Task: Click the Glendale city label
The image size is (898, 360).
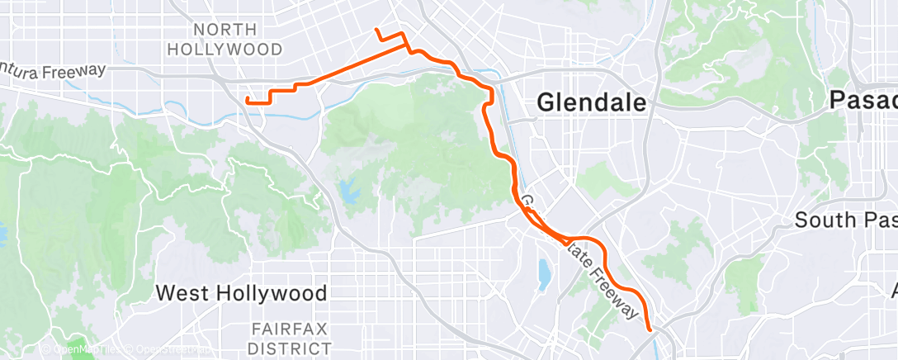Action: [x=591, y=102]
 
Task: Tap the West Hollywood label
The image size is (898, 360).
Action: [x=241, y=292]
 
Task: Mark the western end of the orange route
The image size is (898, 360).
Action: [x=248, y=100]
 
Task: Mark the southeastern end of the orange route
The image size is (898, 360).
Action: [x=650, y=329]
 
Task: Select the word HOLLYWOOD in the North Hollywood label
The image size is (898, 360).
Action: [x=224, y=49]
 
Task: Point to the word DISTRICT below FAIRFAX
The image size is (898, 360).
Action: [x=291, y=349]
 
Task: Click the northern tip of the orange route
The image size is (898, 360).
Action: [x=376, y=30]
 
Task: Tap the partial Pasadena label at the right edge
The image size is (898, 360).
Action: [x=863, y=101]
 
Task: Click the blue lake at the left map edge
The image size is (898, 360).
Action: [x=2, y=234]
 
